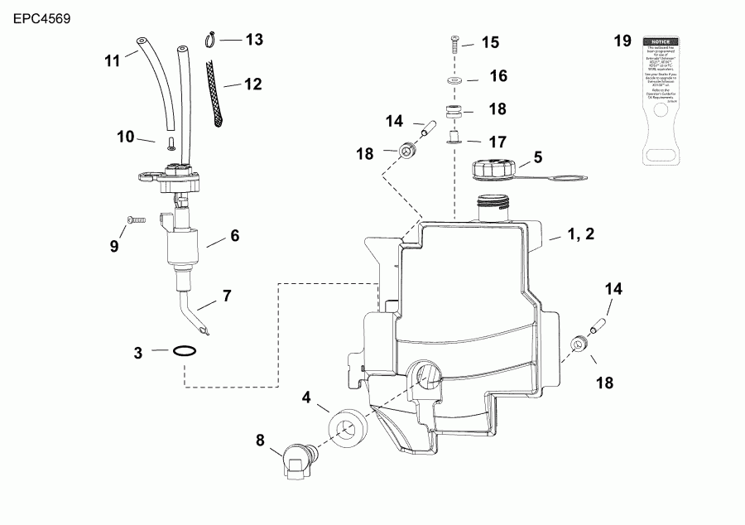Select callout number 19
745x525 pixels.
point(622,41)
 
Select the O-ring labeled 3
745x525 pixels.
point(186,351)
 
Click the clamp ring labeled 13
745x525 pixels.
point(211,37)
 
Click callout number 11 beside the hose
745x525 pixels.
point(113,60)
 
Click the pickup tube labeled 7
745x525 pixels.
point(195,315)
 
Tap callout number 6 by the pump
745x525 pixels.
point(234,236)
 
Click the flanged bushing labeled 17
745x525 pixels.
point(454,137)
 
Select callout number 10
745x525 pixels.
point(125,137)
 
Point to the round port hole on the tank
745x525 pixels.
point(425,377)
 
